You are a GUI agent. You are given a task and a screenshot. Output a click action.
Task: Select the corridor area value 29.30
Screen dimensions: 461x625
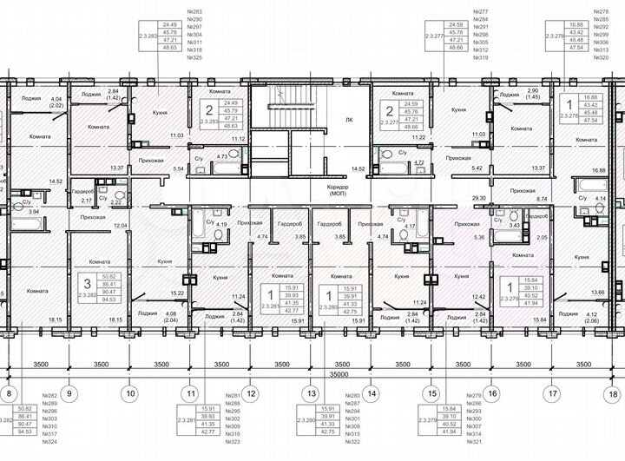pos(477,198)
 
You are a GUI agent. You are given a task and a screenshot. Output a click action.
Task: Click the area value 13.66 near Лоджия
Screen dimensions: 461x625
pos(597,293)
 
